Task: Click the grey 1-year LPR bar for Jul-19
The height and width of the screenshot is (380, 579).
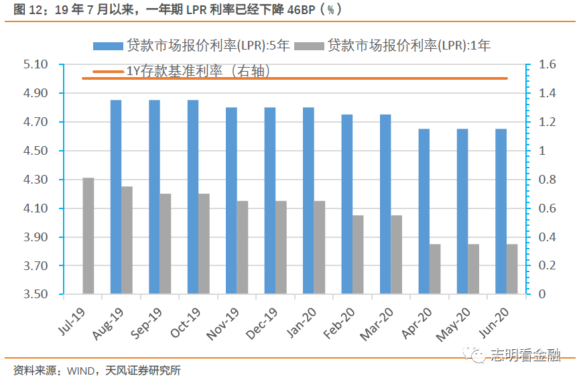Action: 88,236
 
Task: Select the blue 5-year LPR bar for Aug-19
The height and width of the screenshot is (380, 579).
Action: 116,197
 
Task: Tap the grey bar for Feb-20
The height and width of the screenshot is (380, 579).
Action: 359,255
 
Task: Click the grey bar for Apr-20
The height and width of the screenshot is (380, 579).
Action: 436,269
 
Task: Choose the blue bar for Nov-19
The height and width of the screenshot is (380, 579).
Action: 231,200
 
